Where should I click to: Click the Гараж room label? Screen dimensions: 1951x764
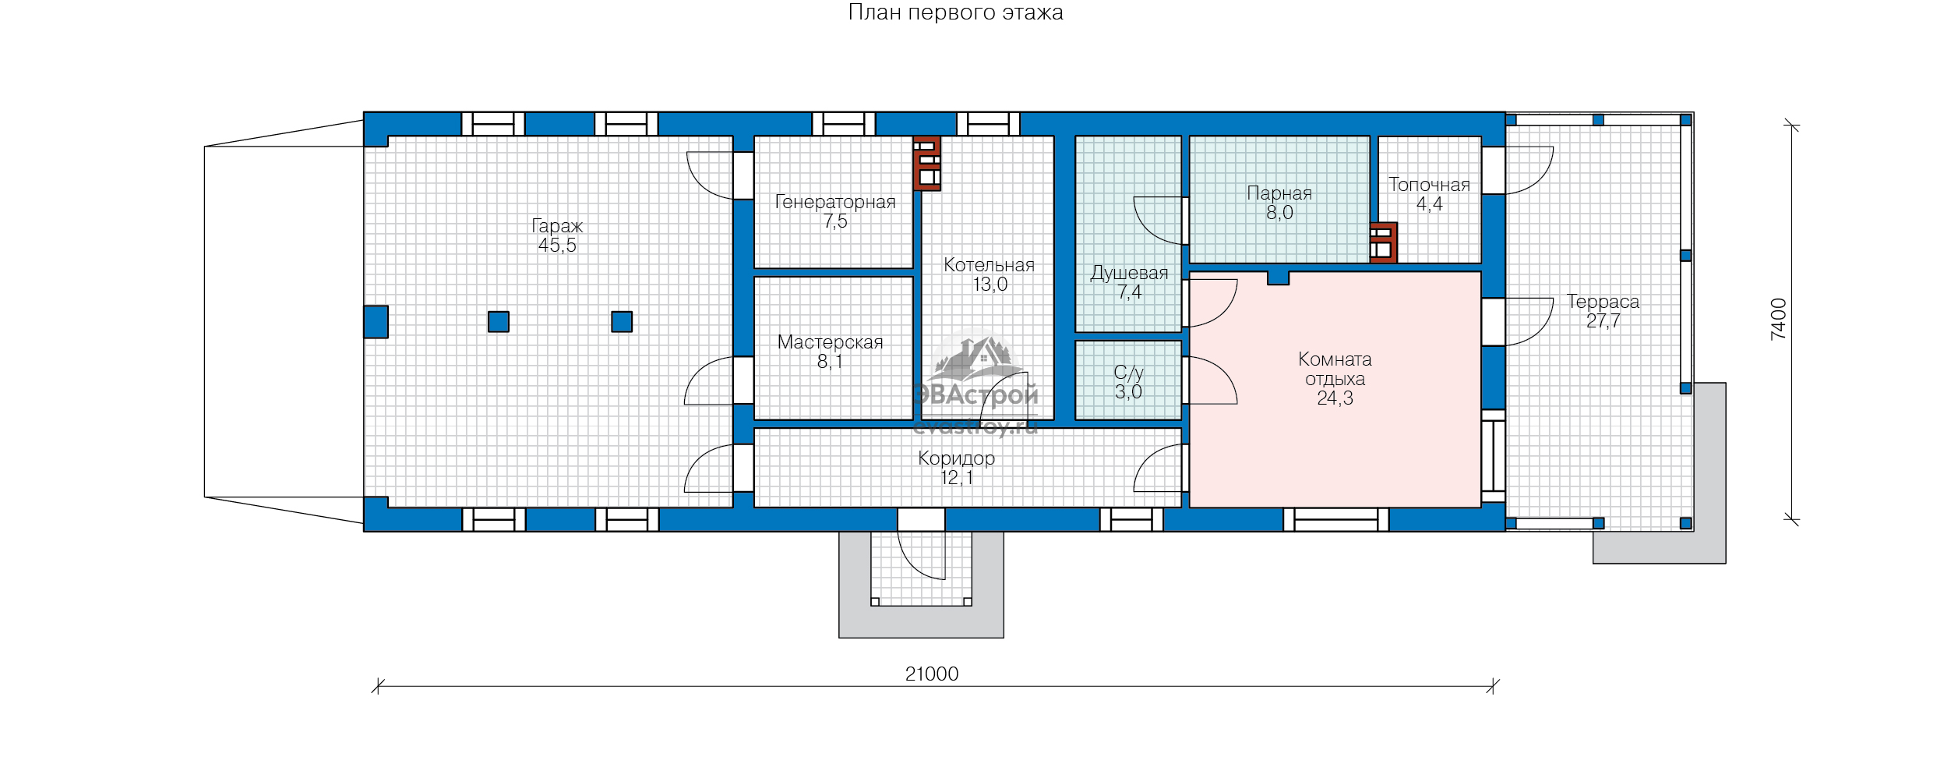(557, 226)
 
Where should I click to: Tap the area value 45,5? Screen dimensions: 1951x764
(557, 246)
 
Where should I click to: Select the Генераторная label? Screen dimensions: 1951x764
(835, 202)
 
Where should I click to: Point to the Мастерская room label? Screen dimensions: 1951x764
(831, 342)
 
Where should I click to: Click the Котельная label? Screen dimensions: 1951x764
(989, 265)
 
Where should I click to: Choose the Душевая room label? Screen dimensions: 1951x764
(1129, 274)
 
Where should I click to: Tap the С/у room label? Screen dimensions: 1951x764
(1128, 373)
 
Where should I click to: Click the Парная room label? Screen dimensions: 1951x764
(1279, 193)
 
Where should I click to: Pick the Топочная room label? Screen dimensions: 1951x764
(1429, 185)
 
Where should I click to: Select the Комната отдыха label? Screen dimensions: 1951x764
(1335, 369)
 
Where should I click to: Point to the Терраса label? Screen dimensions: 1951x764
(1603, 302)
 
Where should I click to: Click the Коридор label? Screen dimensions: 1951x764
(956, 458)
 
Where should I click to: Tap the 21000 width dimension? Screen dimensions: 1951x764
(932, 674)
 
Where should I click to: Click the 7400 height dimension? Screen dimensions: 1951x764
(1778, 319)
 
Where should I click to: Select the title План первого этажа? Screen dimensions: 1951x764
(955, 12)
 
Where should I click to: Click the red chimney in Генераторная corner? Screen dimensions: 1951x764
(926, 164)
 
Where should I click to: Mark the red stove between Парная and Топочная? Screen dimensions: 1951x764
(1383, 242)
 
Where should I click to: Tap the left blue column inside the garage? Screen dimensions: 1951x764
(499, 322)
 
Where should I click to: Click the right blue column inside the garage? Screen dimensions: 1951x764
(622, 322)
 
